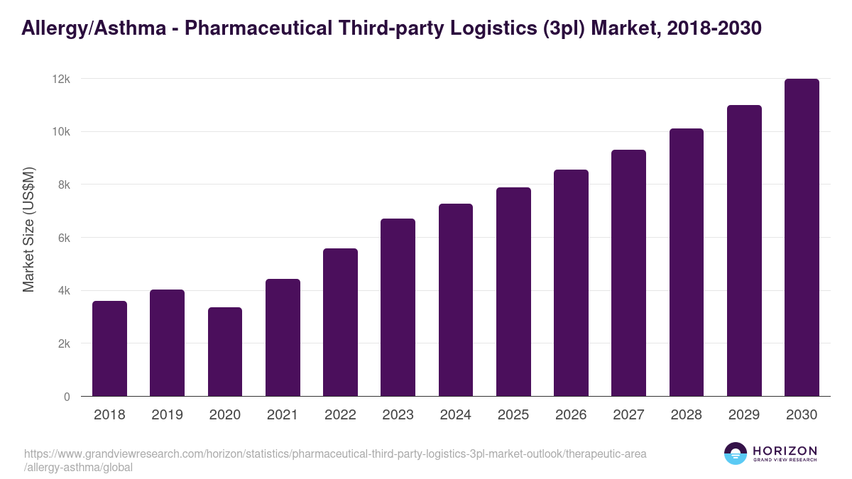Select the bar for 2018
point(109,348)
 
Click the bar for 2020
point(225,352)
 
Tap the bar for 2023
point(398,307)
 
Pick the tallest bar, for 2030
point(802,238)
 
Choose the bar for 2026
point(571,283)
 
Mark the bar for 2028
point(686,263)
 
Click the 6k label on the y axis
point(63,238)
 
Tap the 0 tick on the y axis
point(67,397)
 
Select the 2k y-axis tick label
point(63,343)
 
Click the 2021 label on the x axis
point(283,415)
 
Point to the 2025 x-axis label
point(513,415)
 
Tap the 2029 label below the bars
point(744,415)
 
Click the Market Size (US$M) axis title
point(28,230)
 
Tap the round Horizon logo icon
point(736,454)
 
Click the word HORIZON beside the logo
point(785,451)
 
